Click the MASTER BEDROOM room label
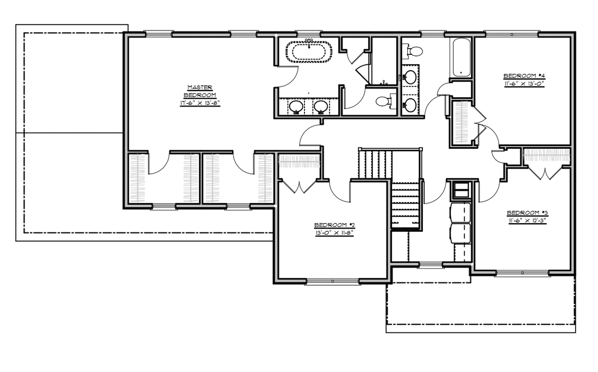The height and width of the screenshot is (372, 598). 200,91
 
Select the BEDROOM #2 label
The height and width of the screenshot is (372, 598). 334,225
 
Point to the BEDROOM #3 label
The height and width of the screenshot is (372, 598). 527,213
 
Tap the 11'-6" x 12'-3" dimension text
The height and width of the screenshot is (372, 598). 527,220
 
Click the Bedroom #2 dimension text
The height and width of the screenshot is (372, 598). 334,233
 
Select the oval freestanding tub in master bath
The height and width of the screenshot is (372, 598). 309,52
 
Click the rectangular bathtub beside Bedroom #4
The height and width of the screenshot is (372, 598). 461,57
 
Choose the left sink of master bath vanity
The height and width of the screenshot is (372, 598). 296,106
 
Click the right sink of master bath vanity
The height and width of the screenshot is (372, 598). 321,106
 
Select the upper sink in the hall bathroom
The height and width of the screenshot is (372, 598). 410,77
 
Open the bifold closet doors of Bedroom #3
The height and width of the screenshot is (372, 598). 547,172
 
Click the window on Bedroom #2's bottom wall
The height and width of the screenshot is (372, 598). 333,281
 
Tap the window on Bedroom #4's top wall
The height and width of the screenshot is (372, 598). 511,34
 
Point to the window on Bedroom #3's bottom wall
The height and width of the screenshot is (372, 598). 522,273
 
